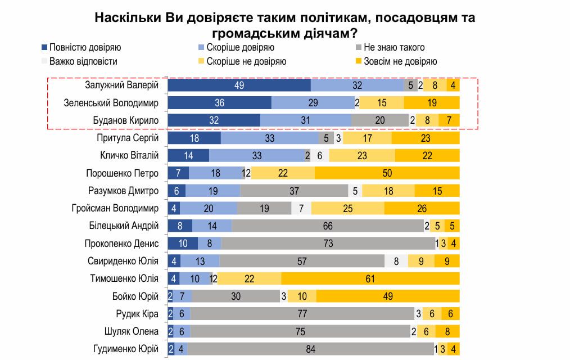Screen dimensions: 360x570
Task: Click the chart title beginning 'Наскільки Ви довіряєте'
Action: pos(285,25)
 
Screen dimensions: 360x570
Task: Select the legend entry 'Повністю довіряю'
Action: pos(85,47)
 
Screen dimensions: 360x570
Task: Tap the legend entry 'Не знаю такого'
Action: pos(394,47)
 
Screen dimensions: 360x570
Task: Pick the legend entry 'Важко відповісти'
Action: pos(83,61)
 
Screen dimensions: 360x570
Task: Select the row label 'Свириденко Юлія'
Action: pos(123,261)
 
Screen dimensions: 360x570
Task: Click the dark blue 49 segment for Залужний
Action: pos(239,85)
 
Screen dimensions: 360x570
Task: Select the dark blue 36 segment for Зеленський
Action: pos(220,103)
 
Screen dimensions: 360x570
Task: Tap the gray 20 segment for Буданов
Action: pos(380,120)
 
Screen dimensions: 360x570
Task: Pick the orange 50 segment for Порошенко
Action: pos(387,173)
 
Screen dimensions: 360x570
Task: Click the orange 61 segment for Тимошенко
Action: pos(370,278)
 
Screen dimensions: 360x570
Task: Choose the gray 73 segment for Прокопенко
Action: pos(328,244)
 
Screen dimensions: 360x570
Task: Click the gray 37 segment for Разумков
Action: pos(294,191)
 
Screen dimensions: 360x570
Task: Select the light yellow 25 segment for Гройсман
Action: pos(347,209)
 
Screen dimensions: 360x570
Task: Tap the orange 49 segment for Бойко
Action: pos(388,296)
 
